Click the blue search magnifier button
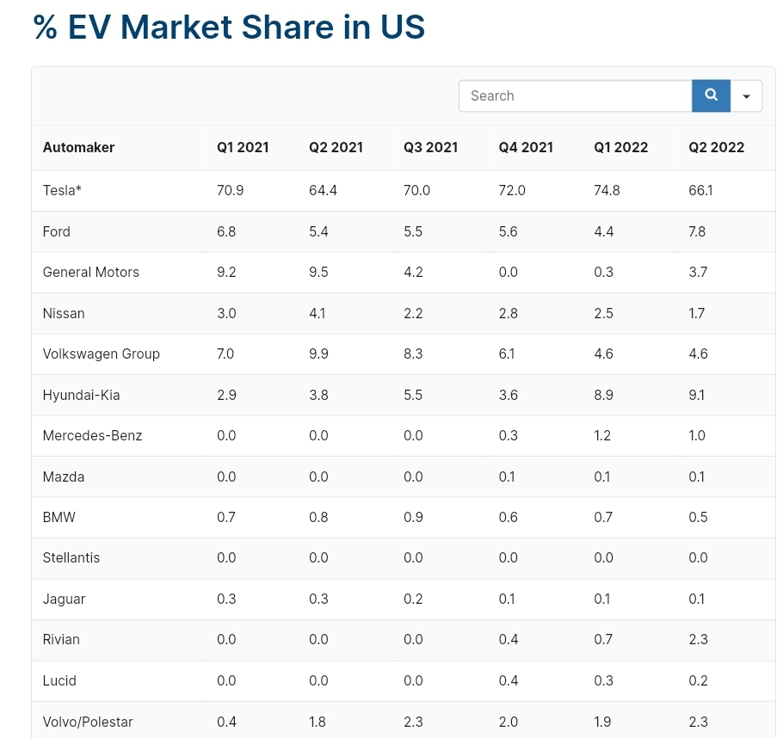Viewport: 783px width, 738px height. pos(711,95)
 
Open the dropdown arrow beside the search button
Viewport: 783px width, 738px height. pos(747,95)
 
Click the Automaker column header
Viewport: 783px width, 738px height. pos(78,147)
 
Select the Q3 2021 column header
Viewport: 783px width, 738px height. pos(430,147)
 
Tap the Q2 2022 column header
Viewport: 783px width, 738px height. pos(716,147)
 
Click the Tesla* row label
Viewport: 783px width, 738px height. pos(62,190)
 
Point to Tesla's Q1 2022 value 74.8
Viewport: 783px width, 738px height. pos(607,190)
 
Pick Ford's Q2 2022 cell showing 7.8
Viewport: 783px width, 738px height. pos(697,231)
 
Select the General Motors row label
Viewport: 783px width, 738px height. pos(91,272)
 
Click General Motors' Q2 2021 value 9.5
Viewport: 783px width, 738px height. pos(318,272)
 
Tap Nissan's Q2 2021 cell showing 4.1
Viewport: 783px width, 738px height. pos(318,313)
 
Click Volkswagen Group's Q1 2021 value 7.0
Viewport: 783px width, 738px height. pos(225,354)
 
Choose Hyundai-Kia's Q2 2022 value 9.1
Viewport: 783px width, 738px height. pos(697,395)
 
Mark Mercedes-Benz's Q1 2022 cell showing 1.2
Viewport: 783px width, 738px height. pos(602,435)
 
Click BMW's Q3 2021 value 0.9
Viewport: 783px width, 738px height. pos(413,517)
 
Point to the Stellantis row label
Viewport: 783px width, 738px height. pos(71,557)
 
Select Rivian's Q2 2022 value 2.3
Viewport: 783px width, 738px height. pos(698,639)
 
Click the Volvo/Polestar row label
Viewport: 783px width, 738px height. pos(88,722)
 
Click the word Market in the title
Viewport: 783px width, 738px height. pos(176,27)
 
